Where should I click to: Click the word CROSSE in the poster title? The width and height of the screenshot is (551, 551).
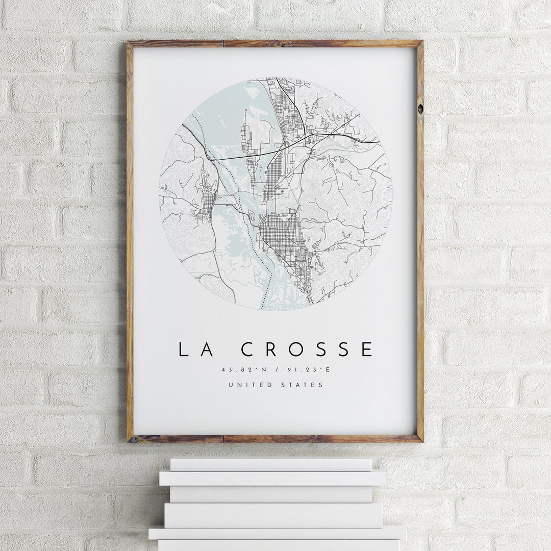(307, 349)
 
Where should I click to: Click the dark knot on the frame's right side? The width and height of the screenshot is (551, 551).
(420, 109)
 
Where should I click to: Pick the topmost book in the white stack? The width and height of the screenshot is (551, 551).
(270, 464)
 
